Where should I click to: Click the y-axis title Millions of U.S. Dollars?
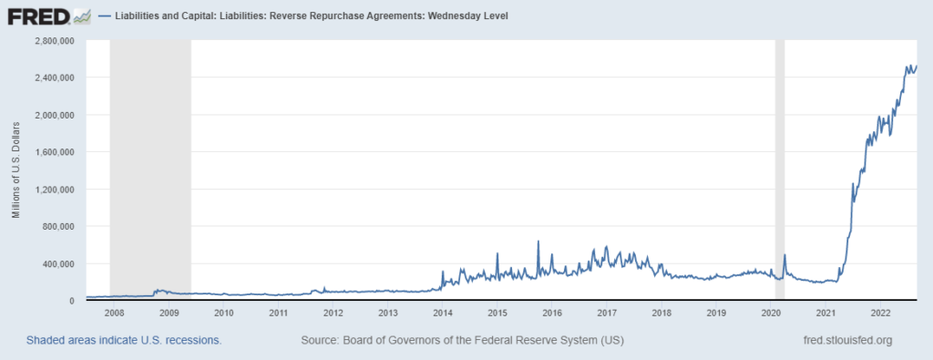[x=15, y=170]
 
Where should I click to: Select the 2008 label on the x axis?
[x=114, y=313]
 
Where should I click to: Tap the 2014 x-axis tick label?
[x=443, y=313]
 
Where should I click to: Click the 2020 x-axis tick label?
[x=771, y=313]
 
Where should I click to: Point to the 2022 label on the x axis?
[x=880, y=313]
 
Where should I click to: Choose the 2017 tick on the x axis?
[x=607, y=313]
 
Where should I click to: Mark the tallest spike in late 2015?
[x=538, y=242]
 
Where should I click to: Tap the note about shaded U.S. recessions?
[x=124, y=341]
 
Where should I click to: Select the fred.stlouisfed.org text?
[x=842, y=341]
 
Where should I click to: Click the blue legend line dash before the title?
[x=106, y=16]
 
